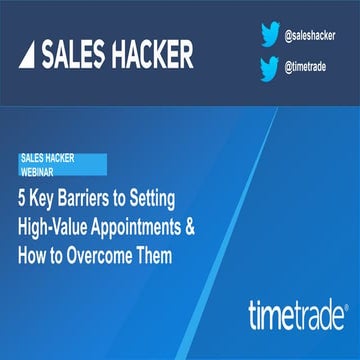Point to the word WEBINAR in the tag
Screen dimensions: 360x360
pyautogui.click(x=40, y=170)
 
